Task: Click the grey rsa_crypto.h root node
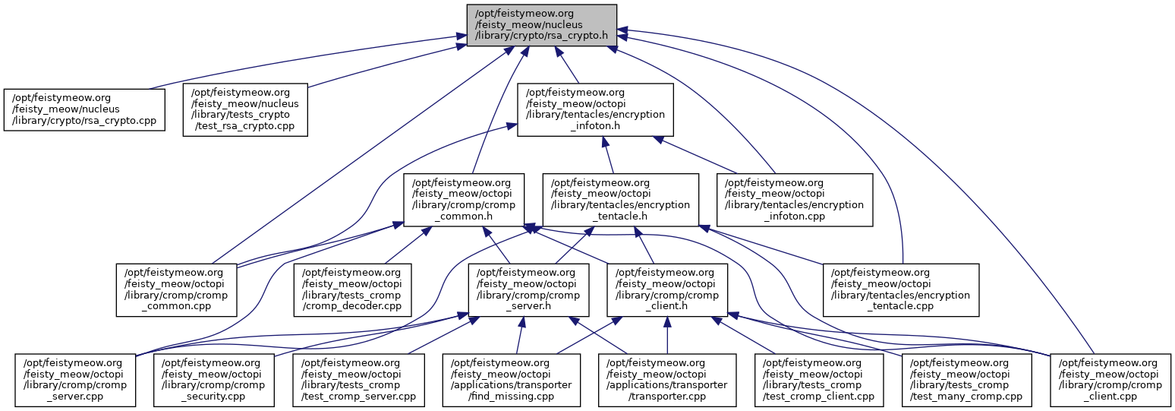pyautogui.click(x=540, y=24)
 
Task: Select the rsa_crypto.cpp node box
pyautogui.click(x=84, y=109)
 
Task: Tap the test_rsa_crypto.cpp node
pyautogui.click(x=244, y=109)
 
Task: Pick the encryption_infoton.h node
pyautogui.click(x=596, y=109)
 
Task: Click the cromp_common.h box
pyautogui.click(x=463, y=200)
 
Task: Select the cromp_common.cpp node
pyautogui.click(x=176, y=289)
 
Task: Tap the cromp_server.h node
pyautogui.click(x=528, y=289)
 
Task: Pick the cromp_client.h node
pyautogui.click(x=666, y=289)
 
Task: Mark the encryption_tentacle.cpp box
pyautogui.click(x=901, y=289)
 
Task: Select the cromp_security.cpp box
pyautogui.click(x=213, y=379)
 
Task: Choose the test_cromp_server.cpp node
pyautogui.click(x=358, y=379)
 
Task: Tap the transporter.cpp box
pyautogui.click(x=666, y=379)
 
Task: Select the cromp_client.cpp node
pyautogui.click(x=1110, y=379)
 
